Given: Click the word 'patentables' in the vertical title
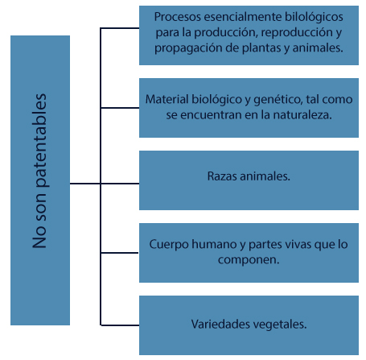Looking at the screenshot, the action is coord(40,140).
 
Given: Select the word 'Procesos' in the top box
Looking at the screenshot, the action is coord(178,17).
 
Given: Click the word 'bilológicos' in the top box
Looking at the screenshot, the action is coord(314,17).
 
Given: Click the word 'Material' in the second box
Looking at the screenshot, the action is coord(167,99).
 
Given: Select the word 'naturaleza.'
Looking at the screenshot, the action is coord(302,115).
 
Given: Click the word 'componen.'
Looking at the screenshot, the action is coord(249,260).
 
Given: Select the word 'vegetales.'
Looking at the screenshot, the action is coord(280,325).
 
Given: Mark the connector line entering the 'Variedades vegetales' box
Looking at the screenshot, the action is coord(120,325).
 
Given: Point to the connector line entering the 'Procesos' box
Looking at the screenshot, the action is coord(120,27).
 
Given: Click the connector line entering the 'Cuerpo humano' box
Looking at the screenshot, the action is coord(120,253).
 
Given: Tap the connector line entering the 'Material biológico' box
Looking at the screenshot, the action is coord(120,108).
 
